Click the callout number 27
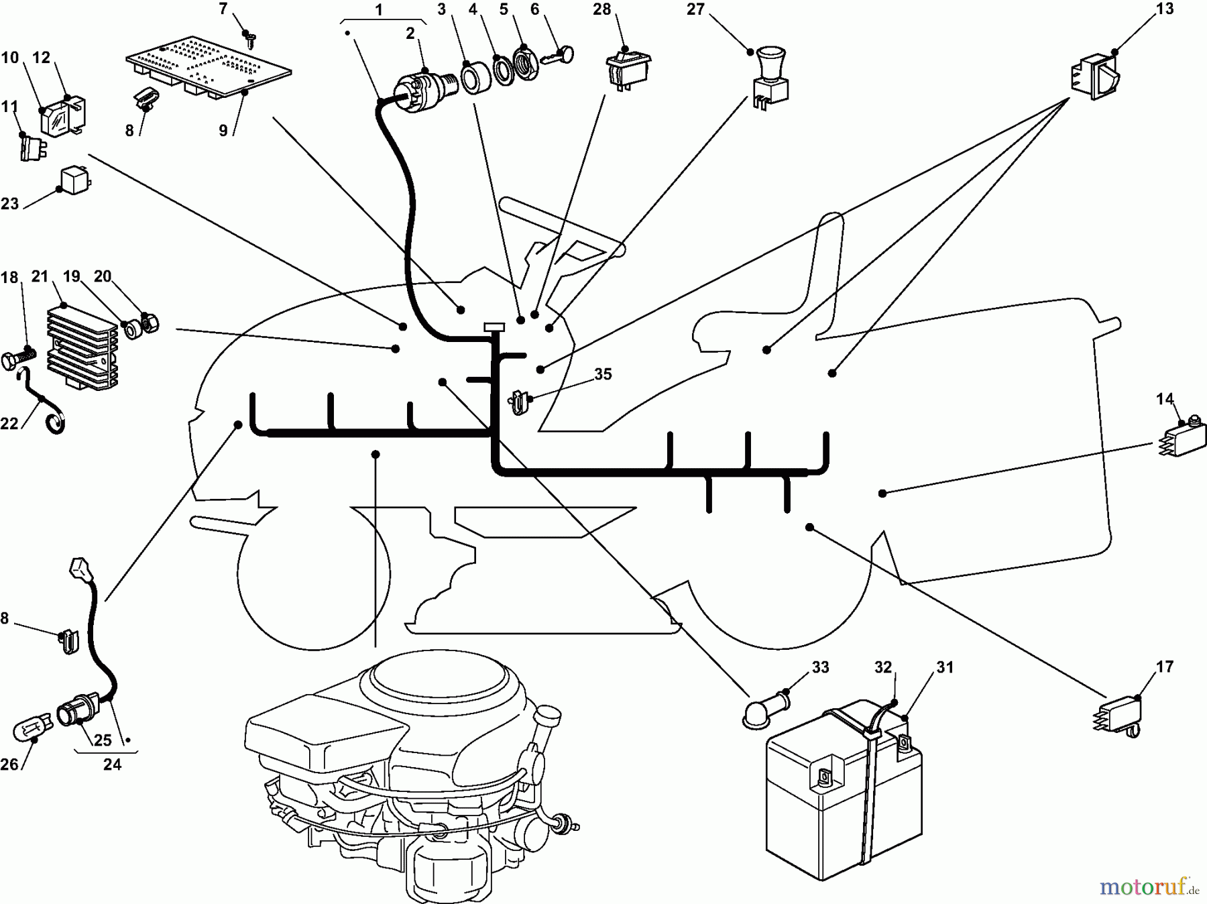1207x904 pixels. tap(695, 10)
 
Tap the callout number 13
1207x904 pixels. tap(1165, 9)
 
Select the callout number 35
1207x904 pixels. tap(603, 374)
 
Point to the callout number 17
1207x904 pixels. tap(1165, 667)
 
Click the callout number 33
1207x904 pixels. tap(820, 667)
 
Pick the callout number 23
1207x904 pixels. tap(9, 203)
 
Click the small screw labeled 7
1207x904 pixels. tap(249, 37)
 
